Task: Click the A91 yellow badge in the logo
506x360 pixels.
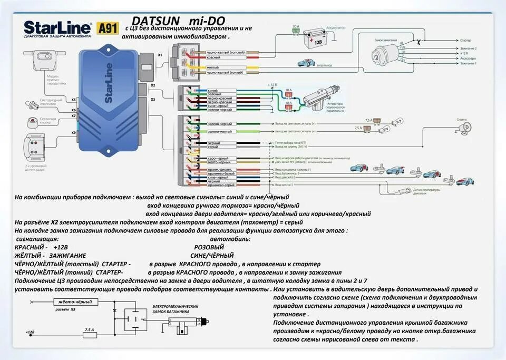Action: coord(109,27)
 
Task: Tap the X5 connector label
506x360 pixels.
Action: coord(74,99)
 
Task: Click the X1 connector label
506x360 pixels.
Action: coord(160,55)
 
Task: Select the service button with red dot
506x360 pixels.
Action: coord(33,122)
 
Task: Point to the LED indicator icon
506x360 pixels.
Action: coord(32,105)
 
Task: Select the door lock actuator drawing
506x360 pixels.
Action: coord(319,97)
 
